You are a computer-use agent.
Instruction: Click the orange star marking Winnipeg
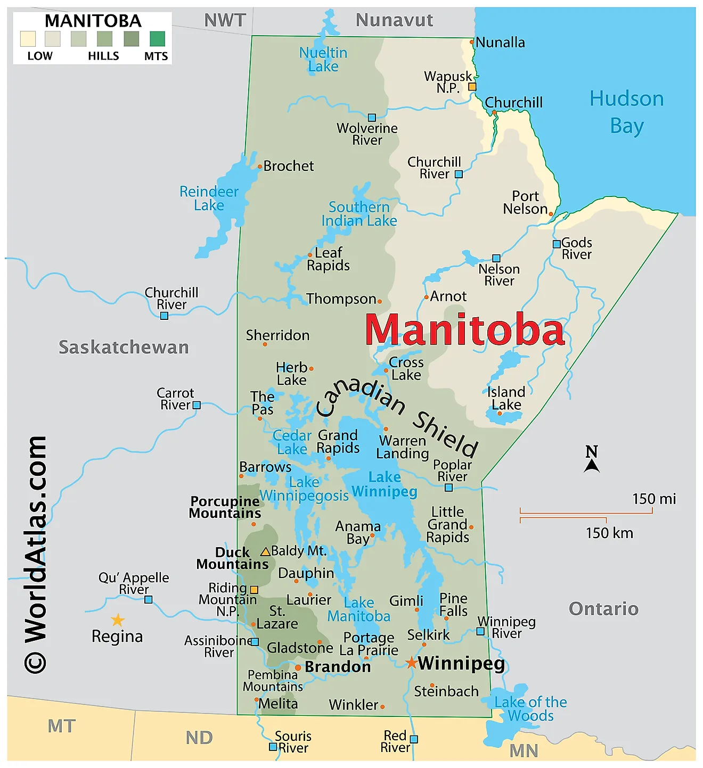tap(411, 663)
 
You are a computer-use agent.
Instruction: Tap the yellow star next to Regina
tap(118, 620)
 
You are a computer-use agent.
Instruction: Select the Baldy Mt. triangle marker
tap(265, 551)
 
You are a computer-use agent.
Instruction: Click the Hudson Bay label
tap(627, 112)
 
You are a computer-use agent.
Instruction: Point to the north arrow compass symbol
tap(592, 460)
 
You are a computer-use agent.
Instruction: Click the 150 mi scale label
tap(653, 499)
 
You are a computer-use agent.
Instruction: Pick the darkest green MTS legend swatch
tap(157, 39)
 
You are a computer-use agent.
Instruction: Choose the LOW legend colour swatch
tap(28, 39)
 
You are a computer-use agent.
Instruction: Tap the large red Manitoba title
tap(464, 329)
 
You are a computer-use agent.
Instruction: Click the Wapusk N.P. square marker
tap(472, 87)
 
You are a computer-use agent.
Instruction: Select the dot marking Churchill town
tap(494, 112)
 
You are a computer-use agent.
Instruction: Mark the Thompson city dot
tap(380, 301)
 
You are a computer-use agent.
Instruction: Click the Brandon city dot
tap(298, 667)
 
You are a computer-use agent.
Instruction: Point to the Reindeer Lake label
tap(209, 199)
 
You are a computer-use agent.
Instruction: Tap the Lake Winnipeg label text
tap(385, 484)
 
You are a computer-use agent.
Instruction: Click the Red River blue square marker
tap(414, 739)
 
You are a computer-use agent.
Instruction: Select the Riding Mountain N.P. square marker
tap(254, 590)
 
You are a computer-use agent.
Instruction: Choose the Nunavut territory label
tap(394, 20)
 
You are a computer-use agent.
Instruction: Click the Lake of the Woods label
tap(530, 709)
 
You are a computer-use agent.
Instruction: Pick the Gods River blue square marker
tap(557, 244)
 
